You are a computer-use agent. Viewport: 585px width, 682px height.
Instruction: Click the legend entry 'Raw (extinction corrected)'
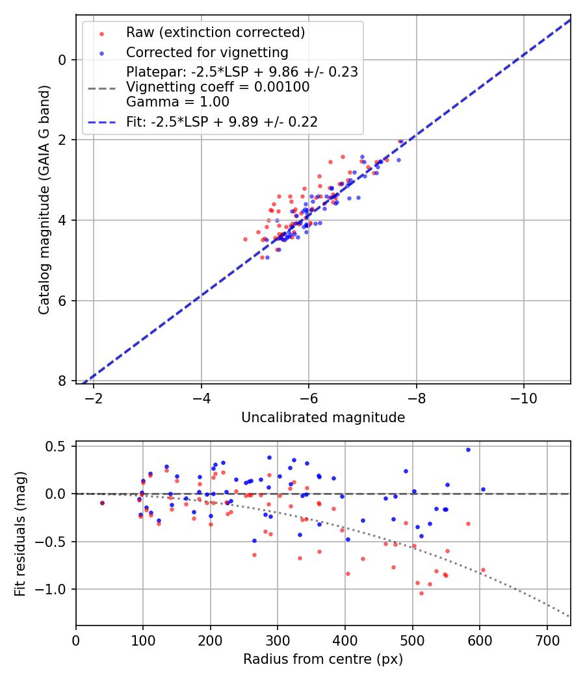[x=215, y=32]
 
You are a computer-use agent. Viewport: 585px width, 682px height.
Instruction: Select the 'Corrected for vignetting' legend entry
[x=207, y=52]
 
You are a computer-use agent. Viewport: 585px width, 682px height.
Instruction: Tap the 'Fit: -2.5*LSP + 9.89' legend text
[x=222, y=121]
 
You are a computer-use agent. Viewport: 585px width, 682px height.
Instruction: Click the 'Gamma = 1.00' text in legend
[x=177, y=101]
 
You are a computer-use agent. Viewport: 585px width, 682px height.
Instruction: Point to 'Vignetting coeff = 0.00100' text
[x=218, y=87]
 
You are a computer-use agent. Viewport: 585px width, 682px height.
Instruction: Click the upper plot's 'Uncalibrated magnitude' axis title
[x=323, y=418]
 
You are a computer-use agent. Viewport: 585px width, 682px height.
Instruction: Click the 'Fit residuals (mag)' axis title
[x=19, y=534]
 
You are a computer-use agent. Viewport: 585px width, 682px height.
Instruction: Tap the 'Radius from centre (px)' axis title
[x=323, y=659]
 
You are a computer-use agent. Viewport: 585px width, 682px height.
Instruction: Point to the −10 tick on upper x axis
[x=523, y=398]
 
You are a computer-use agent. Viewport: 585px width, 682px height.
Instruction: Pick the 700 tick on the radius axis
[x=547, y=640]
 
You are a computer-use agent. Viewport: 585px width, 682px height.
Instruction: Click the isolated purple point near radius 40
[x=102, y=503]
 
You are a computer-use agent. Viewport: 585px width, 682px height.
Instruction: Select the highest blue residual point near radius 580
[x=468, y=449]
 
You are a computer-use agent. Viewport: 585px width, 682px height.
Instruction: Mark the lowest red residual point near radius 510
[x=421, y=593]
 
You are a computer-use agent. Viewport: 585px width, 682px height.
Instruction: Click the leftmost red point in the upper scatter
[x=245, y=239]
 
